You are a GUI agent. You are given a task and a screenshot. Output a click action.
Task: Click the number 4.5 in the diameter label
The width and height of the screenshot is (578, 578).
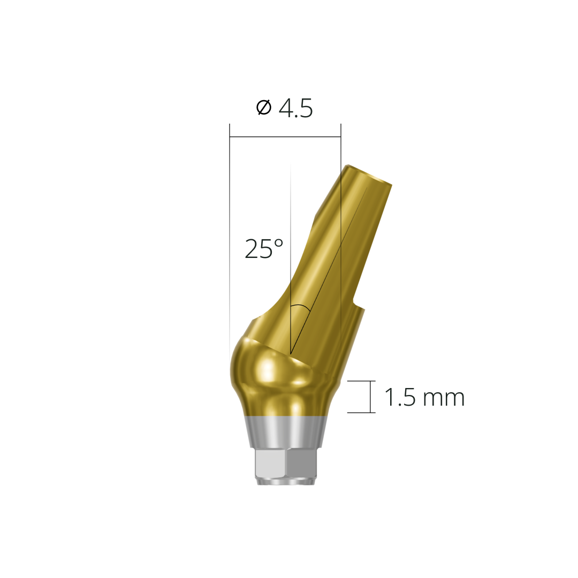pyautogui.click(x=295, y=109)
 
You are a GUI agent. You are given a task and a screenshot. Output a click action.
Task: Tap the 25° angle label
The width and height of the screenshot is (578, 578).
pyautogui.click(x=264, y=249)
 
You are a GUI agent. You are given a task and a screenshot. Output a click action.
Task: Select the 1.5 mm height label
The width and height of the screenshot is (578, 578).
pyautogui.click(x=424, y=398)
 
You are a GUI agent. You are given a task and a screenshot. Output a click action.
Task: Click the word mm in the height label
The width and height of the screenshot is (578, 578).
pyautogui.click(x=443, y=399)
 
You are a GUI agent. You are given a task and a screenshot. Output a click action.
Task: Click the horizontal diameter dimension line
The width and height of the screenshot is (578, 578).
pyautogui.click(x=285, y=137)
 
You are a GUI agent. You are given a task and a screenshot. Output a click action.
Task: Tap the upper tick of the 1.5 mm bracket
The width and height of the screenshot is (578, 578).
pyautogui.click(x=361, y=381)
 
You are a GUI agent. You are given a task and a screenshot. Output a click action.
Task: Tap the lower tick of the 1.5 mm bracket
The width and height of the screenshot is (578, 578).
pyautogui.click(x=361, y=413)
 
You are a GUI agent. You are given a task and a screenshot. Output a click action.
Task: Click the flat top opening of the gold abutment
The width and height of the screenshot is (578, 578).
pyautogui.click(x=369, y=176)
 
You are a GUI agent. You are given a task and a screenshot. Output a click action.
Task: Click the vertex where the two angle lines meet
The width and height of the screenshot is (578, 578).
pyautogui.click(x=291, y=354)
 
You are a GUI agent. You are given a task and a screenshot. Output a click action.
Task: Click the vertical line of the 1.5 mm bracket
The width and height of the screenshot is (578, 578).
pyautogui.click(x=370, y=397)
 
